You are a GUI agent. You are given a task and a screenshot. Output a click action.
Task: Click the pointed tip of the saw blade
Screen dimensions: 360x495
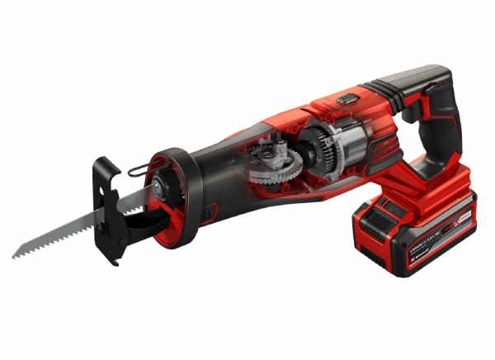[15, 256]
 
